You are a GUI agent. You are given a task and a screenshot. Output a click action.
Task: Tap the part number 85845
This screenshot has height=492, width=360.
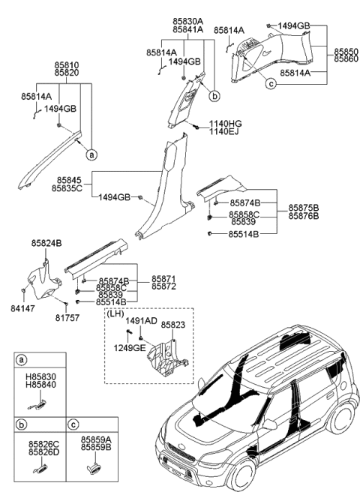click(69, 179)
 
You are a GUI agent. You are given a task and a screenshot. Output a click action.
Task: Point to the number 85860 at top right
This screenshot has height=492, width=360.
click(343, 58)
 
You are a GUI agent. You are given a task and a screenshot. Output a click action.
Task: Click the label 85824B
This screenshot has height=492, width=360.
click(46, 244)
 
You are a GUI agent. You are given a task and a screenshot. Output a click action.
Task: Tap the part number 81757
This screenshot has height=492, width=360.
click(69, 315)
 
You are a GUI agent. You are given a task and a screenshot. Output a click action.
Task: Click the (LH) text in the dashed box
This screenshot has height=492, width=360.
click(116, 316)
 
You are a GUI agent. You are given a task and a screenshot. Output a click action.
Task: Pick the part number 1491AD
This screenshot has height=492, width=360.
click(142, 321)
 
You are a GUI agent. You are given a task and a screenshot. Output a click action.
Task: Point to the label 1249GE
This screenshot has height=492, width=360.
click(129, 349)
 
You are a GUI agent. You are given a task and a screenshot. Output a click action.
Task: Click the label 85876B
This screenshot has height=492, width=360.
click(304, 216)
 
